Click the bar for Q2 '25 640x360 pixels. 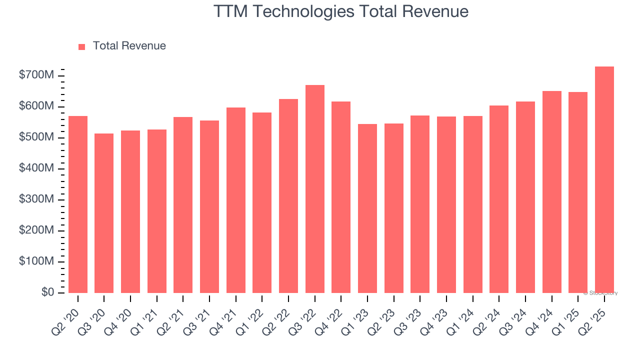pyautogui.click(x=604, y=179)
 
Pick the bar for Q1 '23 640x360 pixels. pyautogui.click(x=367, y=208)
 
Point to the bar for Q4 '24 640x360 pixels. pyautogui.click(x=551, y=192)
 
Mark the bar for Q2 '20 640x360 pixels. pyautogui.click(x=78, y=204)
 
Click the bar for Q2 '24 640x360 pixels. pyautogui.click(x=499, y=199)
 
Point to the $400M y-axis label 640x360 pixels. pyautogui.click(x=36, y=169)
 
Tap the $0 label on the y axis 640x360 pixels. pyautogui.click(x=47, y=292)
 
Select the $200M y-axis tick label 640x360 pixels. pyautogui.click(x=36, y=231)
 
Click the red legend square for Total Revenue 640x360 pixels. pyautogui.click(x=82, y=46)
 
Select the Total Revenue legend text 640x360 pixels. pyautogui.click(x=129, y=46)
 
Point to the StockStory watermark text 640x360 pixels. pyautogui.click(x=602, y=293)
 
